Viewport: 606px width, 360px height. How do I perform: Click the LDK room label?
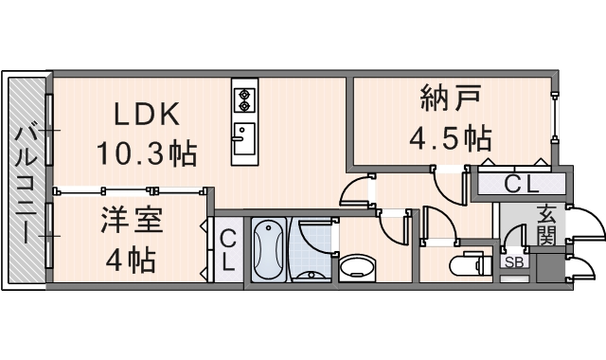(147, 115)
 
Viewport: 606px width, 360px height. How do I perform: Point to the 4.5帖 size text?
(449, 138)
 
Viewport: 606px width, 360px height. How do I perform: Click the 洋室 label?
(132, 224)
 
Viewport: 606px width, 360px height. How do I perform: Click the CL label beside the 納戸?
(522, 183)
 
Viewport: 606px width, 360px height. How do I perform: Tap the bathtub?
(269, 250)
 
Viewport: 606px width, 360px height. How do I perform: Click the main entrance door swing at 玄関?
(584, 227)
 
